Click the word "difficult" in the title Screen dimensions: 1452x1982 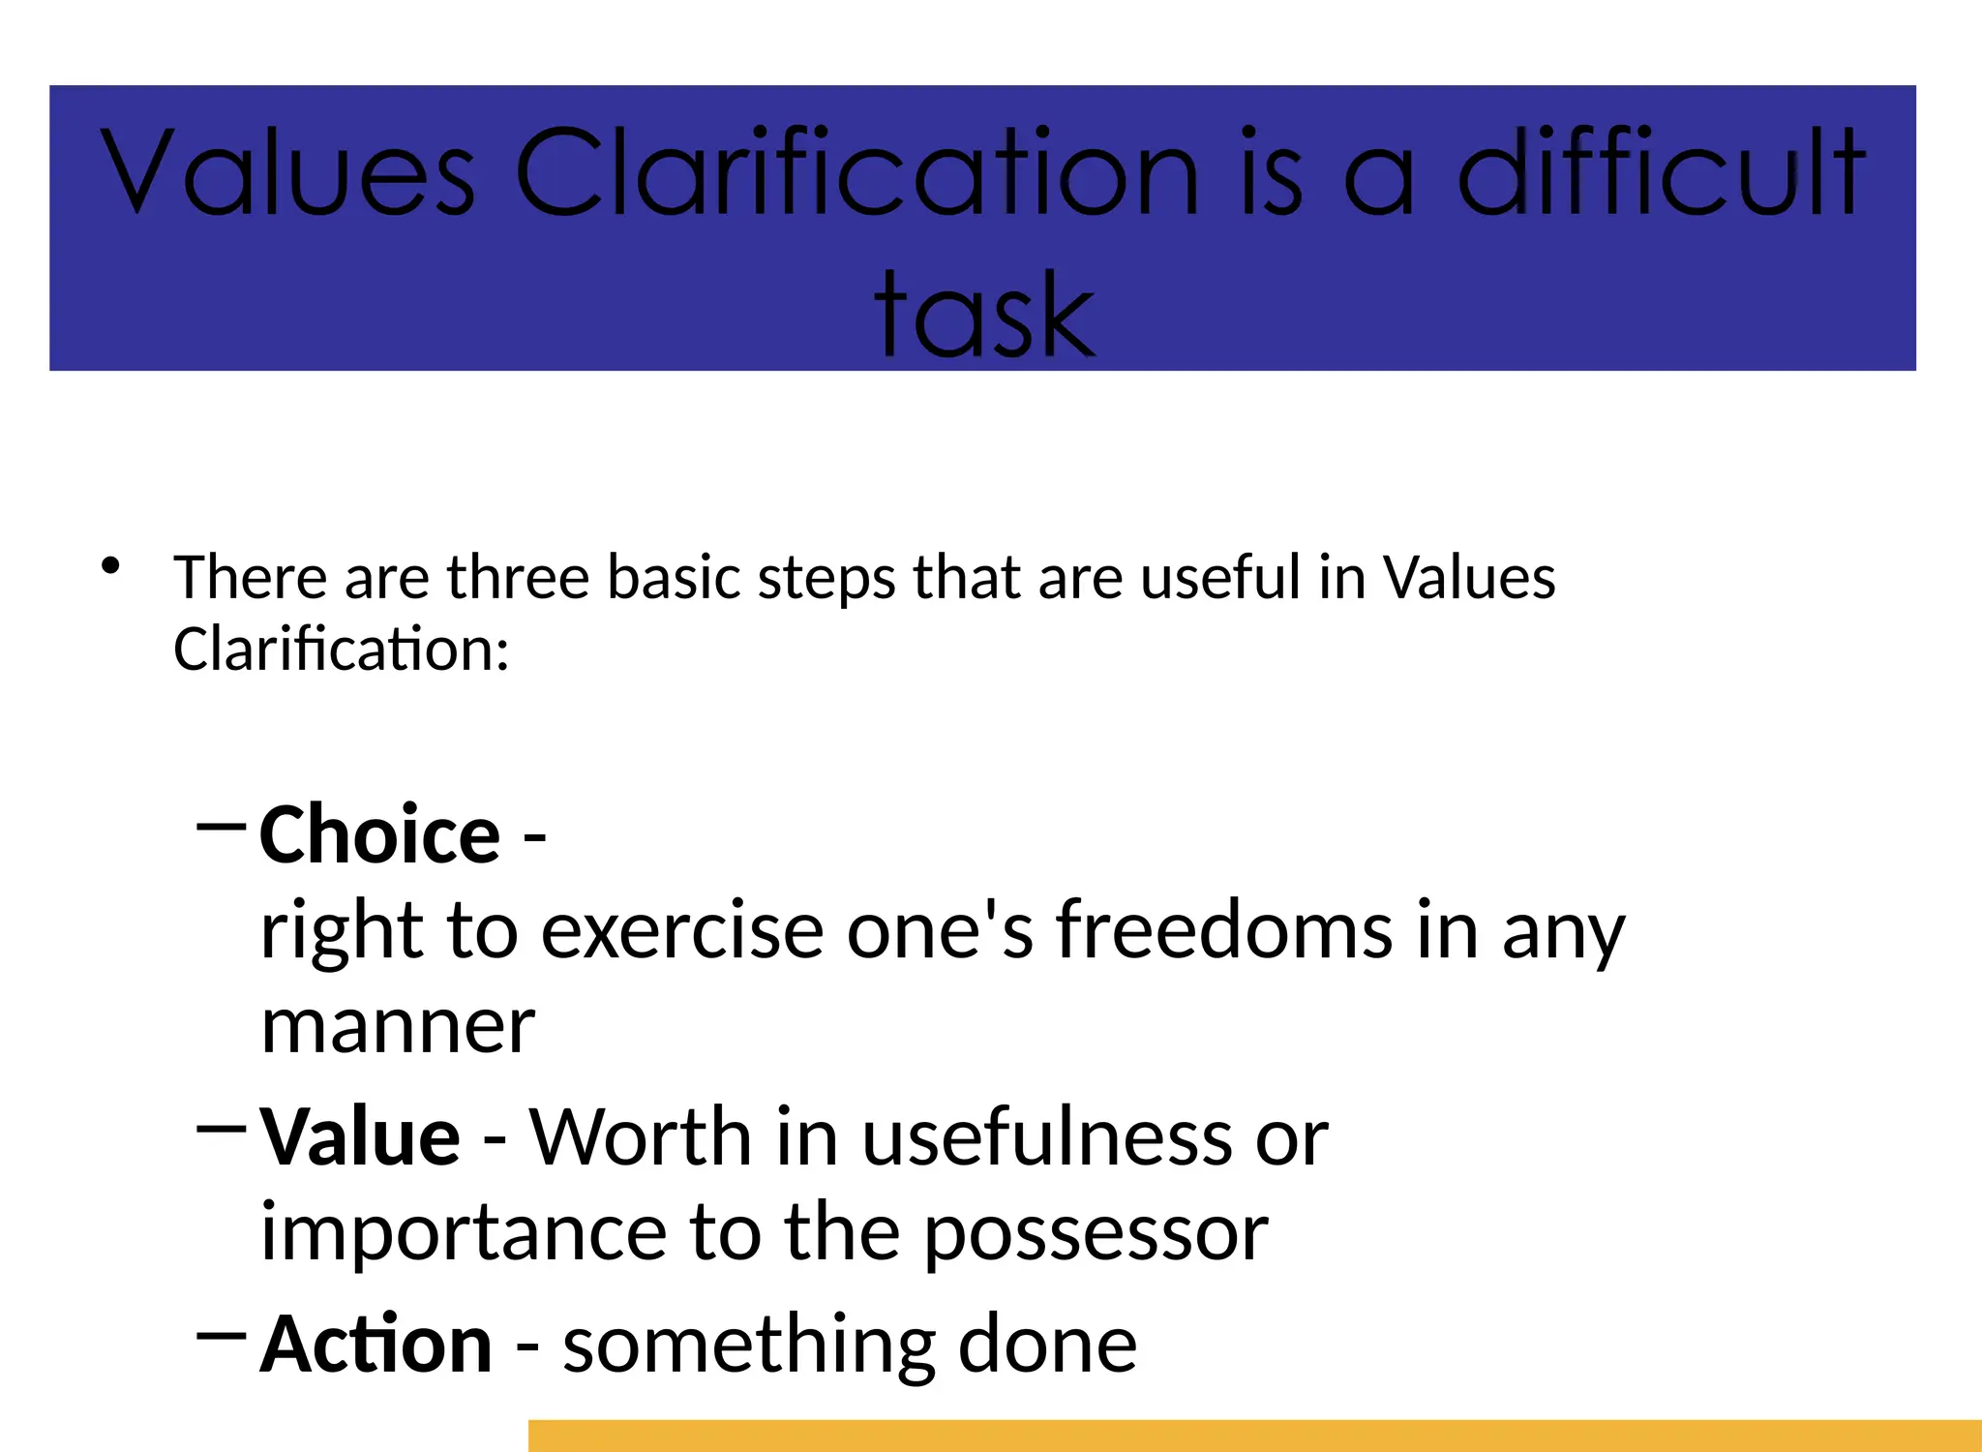pyautogui.click(x=1661, y=172)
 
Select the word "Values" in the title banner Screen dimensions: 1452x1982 pyautogui.click(x=287, y=172)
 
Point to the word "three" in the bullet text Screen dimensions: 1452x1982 pyautogui.click(x=518, y=578)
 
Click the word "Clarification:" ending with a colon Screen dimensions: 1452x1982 pyautogui.click(x=341, y=650)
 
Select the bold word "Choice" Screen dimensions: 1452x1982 pyautogui.click(x=379, y=835)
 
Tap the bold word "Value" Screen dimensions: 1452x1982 pyautogui.click(x=360, y=1137)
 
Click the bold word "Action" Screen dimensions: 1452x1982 pyautogui.click(x=376, y=1345)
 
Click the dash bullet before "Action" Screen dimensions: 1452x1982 pyautogui.click(x=221, y=1335)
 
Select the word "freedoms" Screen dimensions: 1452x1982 pyautogui.click(x=1223, y=930)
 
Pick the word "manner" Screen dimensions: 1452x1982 pyautogui.click(x=398, y=1026)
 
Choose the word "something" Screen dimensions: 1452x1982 pyautogui.click(x=748, y=1346)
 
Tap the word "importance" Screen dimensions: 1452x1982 pyautogui.click(x=464, y=1233)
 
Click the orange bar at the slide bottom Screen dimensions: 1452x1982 pyautogui.click(x=1254, y=1436)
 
